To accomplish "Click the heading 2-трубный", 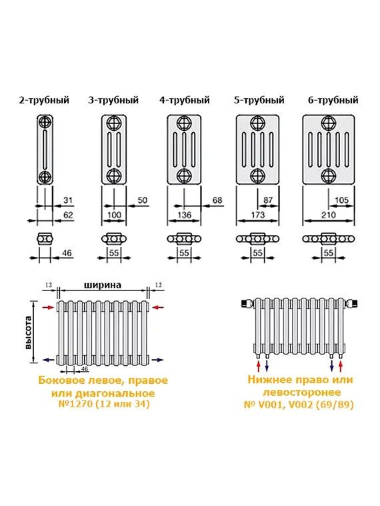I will coord(44,100).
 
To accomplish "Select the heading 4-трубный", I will coord(185,100).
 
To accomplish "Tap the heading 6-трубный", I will coord(333,100).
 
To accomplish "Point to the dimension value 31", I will coord(68,200).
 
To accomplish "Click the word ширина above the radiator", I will coord(102,285).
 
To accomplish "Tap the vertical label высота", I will coord(29,332).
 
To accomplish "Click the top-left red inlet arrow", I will coord(47,307).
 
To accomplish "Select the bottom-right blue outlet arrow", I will coord(157,360).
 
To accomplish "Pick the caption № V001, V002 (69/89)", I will coord(300,405).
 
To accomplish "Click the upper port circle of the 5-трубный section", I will coord(257,123).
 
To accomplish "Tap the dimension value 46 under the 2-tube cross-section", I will coord(67,254).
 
